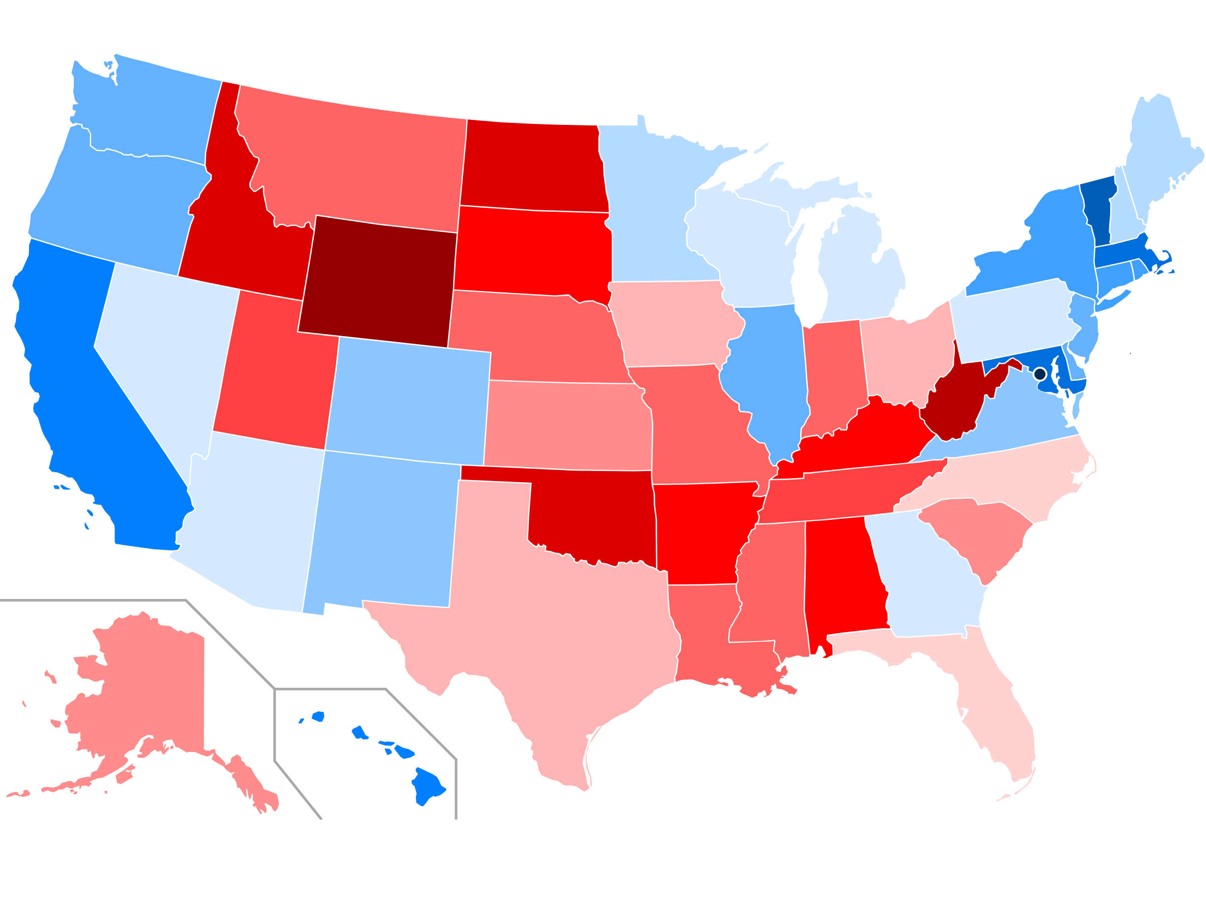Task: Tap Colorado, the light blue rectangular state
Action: coord(409,401)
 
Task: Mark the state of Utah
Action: coord(278,371)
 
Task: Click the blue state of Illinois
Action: coord(769,376)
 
